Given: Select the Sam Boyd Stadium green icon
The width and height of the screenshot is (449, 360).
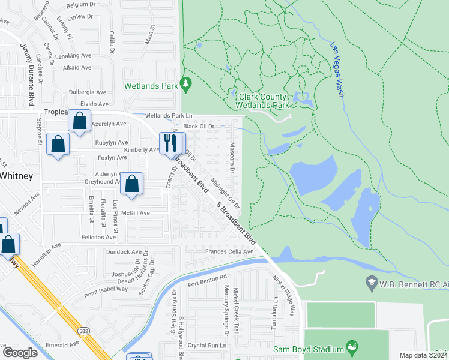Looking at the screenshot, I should click(x=352, y=348).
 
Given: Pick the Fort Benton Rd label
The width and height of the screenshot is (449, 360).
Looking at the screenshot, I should click(x=208, y=279).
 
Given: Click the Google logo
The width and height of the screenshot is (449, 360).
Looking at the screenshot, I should click(x=20, y=352).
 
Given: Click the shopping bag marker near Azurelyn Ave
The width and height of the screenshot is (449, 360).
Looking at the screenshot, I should click(x=80, y=121).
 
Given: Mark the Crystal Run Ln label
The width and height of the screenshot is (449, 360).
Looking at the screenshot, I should click(x=207, y=346).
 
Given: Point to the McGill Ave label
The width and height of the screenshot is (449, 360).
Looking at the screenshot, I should click(x=136, y=213).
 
